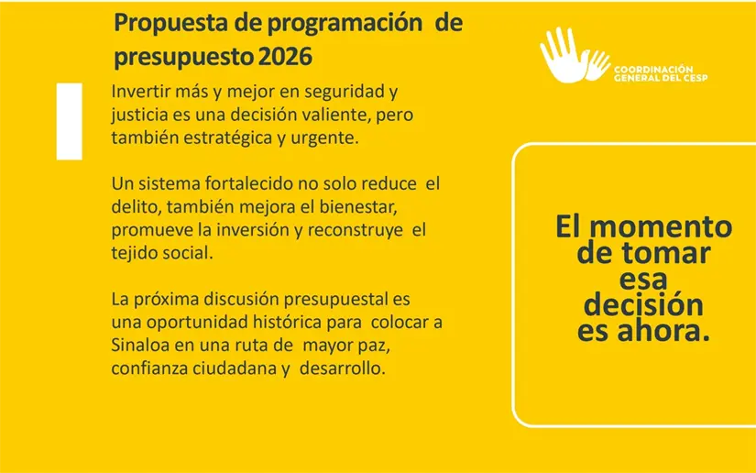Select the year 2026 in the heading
[285, 57]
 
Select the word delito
[132, 206]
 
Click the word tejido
[136, 252]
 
